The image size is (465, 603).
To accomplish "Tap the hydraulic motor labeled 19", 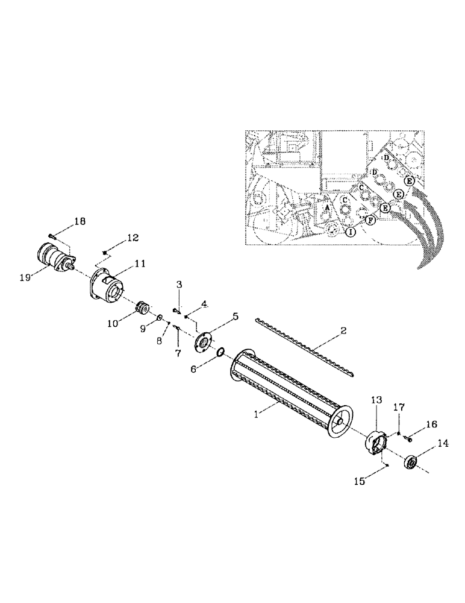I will (55, 258).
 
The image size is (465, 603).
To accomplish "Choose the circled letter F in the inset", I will (370, 221).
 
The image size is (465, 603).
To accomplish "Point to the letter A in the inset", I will (326, 206).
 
